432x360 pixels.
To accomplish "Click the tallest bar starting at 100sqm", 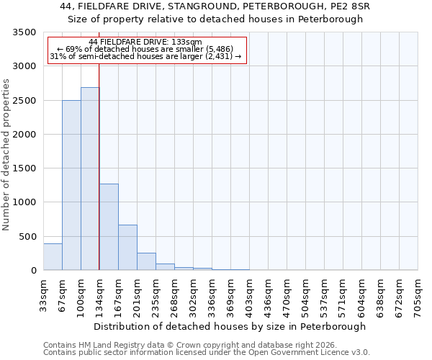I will click(x=90, y=179).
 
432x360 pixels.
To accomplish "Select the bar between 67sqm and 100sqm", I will click(x=71, y=185).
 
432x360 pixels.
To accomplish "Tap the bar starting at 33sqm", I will click(x=53, y=257).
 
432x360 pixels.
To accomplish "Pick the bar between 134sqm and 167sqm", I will click(x=109, y=227).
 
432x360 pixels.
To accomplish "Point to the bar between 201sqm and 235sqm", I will click(x=146, y=261).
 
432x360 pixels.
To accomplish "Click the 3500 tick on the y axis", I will click(x=24, y=32).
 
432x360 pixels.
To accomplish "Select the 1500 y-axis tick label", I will click(x=24, y=168).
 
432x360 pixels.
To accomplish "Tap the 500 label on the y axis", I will click(x=27, y=236).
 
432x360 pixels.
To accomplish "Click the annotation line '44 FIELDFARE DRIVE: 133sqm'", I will click(x=147, y=42).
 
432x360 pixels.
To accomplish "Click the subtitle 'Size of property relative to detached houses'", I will click(x=215, y=19).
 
